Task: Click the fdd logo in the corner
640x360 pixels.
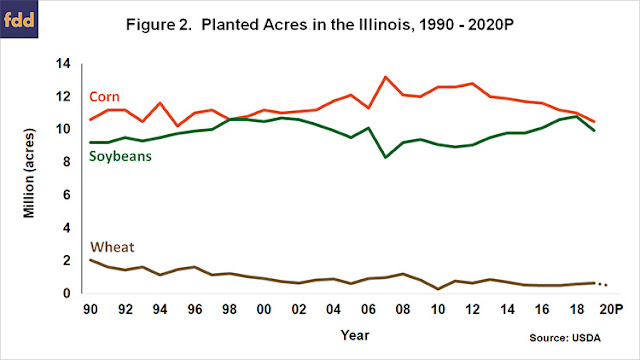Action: (19, 19)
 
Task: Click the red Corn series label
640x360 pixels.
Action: (104, 97)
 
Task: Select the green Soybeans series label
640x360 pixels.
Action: (120, 156)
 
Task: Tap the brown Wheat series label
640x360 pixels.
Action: (112, 247)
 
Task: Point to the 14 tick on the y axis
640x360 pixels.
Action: (63, 63)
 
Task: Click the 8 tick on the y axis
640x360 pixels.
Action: (67, 162)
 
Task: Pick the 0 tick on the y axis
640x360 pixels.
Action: (67, 293)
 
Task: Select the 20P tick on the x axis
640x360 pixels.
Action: (611, 309)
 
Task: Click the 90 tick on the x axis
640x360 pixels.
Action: (90, 309)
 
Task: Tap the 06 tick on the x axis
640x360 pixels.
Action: (368, 309)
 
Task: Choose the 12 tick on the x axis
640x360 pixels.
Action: (472, 309)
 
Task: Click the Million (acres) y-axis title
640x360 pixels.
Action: (29, 173)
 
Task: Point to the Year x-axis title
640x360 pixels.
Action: (355, 335)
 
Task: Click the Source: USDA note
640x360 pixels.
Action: (565, 338)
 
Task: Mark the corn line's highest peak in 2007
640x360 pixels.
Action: (385, 77)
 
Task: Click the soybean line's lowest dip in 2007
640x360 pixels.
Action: (385, 157)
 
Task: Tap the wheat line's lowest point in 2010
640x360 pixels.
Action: (438, 289)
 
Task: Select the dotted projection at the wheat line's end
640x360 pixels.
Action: (603, 284)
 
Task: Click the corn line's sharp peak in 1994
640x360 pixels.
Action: (160, 103)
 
